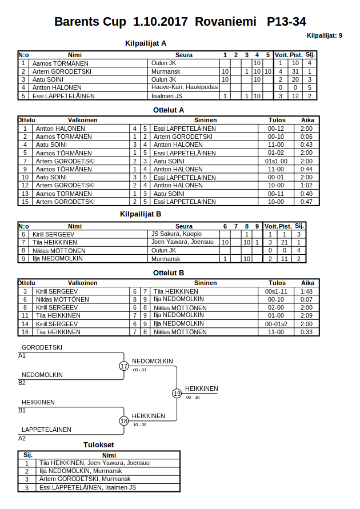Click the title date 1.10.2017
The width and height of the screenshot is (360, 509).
point(161,22)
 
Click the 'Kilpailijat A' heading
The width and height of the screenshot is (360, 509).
point(146,43)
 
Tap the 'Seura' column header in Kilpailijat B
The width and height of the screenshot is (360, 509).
point(184,226)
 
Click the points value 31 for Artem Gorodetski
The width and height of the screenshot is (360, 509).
point(295,71)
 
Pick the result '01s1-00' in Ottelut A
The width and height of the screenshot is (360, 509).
point(277,161)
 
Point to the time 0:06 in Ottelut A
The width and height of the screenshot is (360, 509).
point(307,137)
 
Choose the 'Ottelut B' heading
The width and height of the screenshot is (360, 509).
point(169,273)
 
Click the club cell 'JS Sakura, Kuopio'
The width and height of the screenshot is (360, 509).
point(176,234)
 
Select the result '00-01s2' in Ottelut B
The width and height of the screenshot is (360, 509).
point(277,323)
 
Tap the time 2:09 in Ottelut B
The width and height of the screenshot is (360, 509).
point(307,315)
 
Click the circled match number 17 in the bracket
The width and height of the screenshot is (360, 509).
point(124,366)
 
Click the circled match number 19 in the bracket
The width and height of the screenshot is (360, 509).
point(177,393)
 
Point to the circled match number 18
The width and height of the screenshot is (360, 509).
point(124,420)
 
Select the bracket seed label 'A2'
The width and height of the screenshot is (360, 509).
point(22,438)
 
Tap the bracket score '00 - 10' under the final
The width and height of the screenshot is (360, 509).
point(193,398)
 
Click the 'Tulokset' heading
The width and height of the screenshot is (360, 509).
point(98,444)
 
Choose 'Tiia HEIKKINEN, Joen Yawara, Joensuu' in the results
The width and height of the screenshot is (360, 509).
point(94,463)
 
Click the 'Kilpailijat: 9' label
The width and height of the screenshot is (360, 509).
point(325,35)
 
